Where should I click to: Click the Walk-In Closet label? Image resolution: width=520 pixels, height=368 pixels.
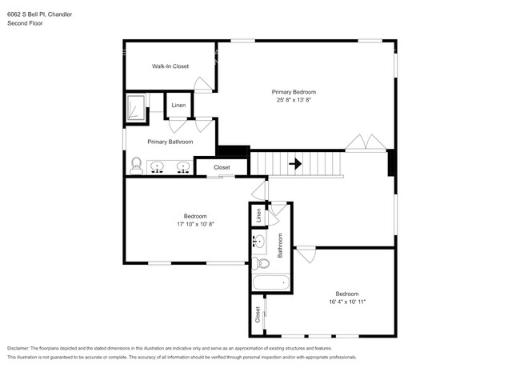[170, 66]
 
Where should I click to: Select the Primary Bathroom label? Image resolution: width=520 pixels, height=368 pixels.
[170, 142]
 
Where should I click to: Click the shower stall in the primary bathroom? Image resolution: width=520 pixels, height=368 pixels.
[137, 107]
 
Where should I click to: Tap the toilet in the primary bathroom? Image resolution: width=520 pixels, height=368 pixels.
[136, 166]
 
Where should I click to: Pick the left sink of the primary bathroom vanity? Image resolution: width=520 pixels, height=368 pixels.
[158, 167]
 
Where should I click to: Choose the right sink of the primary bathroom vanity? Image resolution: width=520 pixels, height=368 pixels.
[183, 167]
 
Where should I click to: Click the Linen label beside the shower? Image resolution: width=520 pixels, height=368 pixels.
[178, 106]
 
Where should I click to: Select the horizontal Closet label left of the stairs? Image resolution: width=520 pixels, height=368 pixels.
[222, 167]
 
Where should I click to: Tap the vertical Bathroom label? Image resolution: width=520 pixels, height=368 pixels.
[280, 245]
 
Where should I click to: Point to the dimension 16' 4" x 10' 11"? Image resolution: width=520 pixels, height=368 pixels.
[346, 301]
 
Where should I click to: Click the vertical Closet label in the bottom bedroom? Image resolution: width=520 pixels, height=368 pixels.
[258, 314]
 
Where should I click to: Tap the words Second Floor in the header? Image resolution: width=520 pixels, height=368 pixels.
[26, 23]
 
